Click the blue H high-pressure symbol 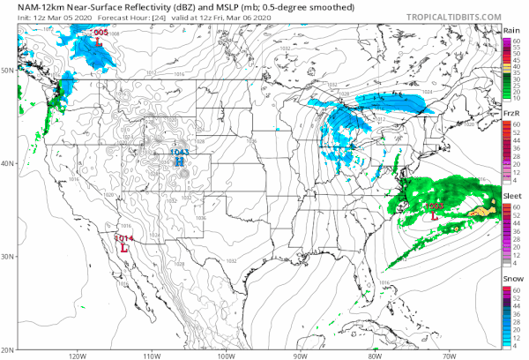[179, 161]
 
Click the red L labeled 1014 [124, 248]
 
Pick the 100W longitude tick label [226, 356]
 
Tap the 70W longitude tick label [448, 356]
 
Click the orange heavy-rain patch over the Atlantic [480, 211]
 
